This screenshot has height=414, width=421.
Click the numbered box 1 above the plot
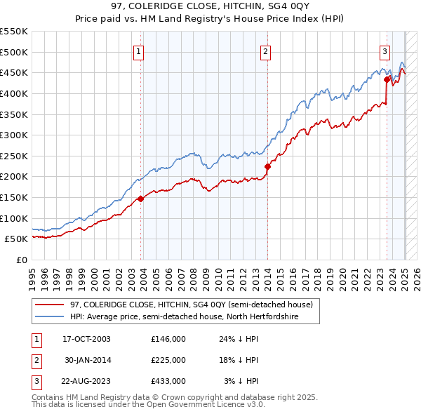click(139, 51)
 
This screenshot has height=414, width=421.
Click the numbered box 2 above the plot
click(266, 51)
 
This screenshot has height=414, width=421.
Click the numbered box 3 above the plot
click(385, 51)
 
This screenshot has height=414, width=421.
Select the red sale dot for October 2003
click(141, 199)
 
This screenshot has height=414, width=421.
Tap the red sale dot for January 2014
click(267, 166)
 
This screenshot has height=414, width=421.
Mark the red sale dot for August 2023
click(387, 79)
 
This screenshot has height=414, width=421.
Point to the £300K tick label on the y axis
click(14, 135)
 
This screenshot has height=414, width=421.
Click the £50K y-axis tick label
click(16, 239)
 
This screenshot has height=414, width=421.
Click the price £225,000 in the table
click(168, 360)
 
